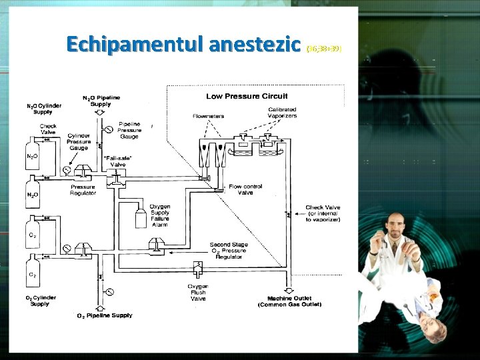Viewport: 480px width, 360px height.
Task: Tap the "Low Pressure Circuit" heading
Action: [247, 97]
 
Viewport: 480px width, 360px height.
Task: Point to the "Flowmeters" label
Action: [209, 116]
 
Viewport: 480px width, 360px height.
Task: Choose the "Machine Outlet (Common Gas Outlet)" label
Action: [289, 301]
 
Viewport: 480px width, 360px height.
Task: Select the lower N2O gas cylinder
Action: [32, 196]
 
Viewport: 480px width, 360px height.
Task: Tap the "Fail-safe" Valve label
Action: [118, 160]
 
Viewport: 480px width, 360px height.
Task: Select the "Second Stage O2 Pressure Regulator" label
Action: [229, 251]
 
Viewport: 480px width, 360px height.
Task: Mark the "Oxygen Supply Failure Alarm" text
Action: [160, 215]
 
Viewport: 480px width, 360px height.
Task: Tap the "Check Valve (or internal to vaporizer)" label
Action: [323, 213]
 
